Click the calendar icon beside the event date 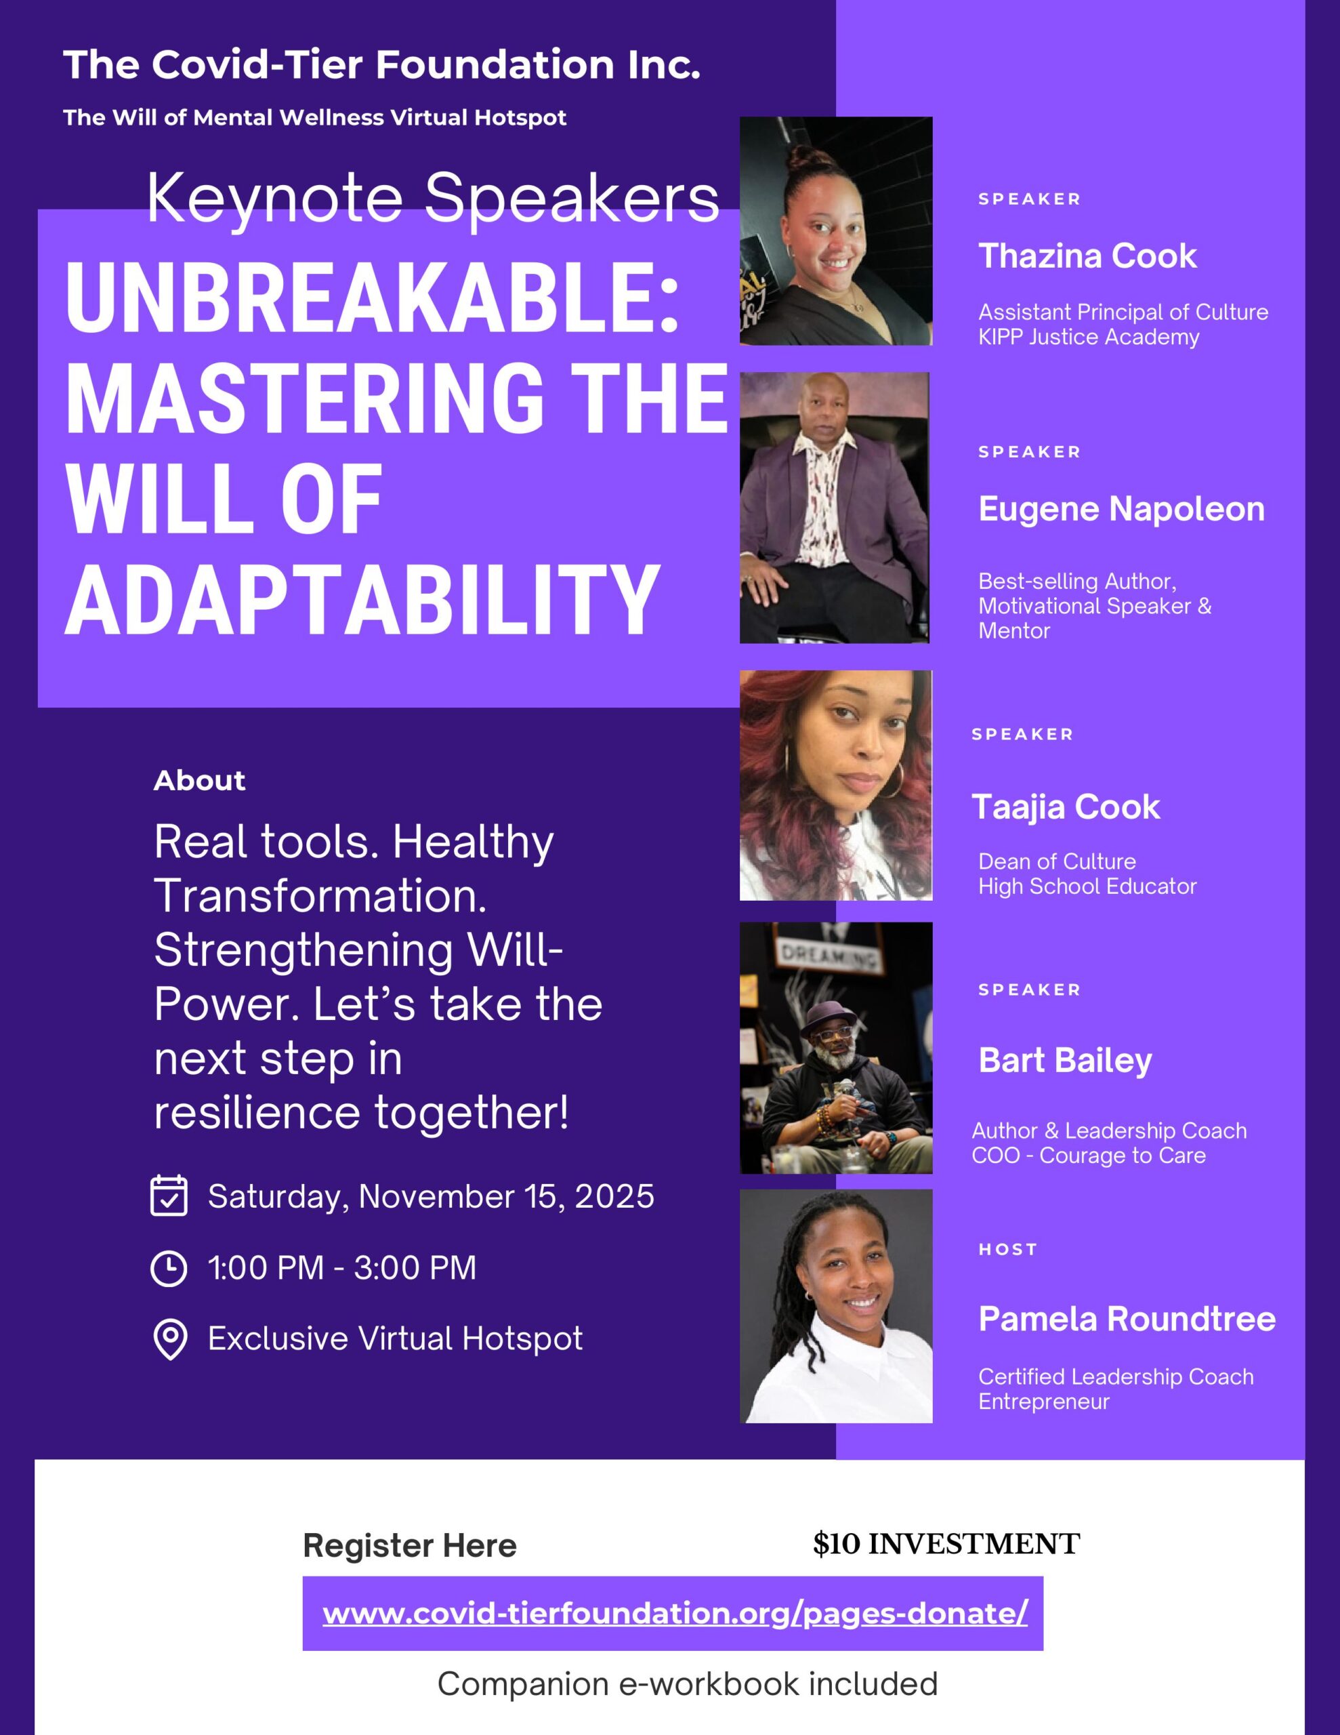tap(169, 1196)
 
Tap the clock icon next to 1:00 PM tap(169, 1269)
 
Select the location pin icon tap(169, 1340)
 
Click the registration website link tap(674, 1612)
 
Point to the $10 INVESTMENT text tap(946, 1544)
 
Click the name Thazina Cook tap(1087, 256)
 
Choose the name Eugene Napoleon tap(1121, 509)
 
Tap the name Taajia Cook tap(1065, 807)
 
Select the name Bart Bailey tap(1064, 1061)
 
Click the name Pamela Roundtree tap(1127, 1319)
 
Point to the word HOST tap(1007, 1250)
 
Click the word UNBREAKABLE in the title tap(372, 298)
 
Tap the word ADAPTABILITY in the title tap(362, 599)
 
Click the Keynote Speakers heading tap(433, 199)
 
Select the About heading tap(199, 780)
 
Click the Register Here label tap(409, 1546)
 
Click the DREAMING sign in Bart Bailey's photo tap(831, 956)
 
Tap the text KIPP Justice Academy tap(1088, 338)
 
